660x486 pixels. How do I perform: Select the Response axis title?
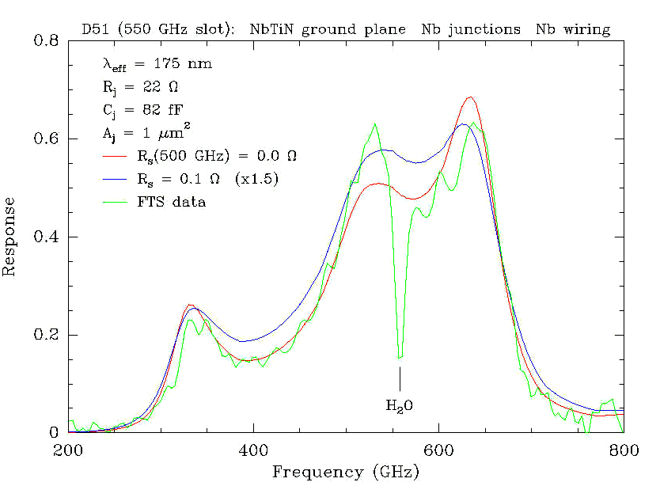pos(10,236)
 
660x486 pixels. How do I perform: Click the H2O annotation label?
pos(400,407)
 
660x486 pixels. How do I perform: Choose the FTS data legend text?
pos(171,202)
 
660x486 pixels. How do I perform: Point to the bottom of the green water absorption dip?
pos(400,358)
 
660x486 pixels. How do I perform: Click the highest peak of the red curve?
pos(471,97)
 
